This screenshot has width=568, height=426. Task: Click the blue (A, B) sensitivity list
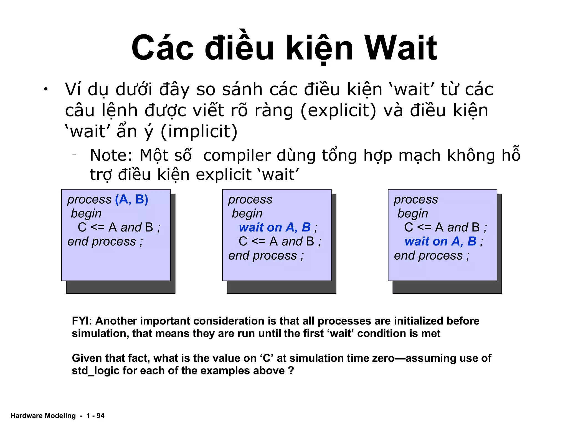pos(131,199)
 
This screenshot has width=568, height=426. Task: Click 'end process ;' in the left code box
pos(105,242)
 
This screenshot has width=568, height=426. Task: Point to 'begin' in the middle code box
pos(247,214)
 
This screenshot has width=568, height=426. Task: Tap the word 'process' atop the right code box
pos(416,199)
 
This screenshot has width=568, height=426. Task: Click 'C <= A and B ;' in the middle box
pos(280,242)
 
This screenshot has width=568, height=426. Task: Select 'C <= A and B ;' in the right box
pos(445,227)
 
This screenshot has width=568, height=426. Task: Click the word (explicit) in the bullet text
pos(338,110)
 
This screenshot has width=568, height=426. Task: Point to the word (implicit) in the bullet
pos(199,131)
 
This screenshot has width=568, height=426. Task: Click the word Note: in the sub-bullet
pos(111,155)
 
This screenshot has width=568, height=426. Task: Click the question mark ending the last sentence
pos(291,371)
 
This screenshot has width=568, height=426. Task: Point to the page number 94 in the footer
pos(100,415)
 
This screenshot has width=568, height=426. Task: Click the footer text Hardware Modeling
pos(43,415)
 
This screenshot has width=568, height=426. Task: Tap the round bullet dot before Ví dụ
pos(46,89)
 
